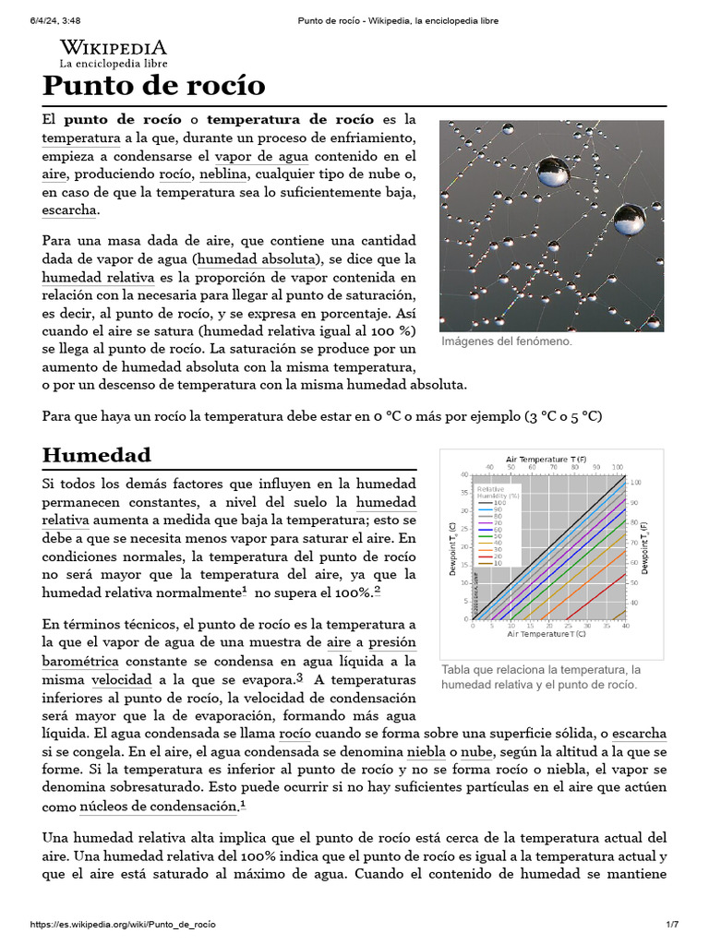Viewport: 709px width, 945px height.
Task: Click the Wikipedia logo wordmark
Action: (114, 48)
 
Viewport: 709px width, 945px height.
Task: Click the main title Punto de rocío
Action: (153, 86)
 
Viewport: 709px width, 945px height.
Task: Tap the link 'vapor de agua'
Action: (262, 156)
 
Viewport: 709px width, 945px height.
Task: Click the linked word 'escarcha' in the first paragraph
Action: (69, 210)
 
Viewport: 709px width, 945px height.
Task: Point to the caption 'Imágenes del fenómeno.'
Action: (506, 341)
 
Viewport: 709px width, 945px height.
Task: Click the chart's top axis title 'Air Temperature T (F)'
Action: (550, 459)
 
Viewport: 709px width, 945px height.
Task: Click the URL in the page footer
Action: (125, 925)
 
